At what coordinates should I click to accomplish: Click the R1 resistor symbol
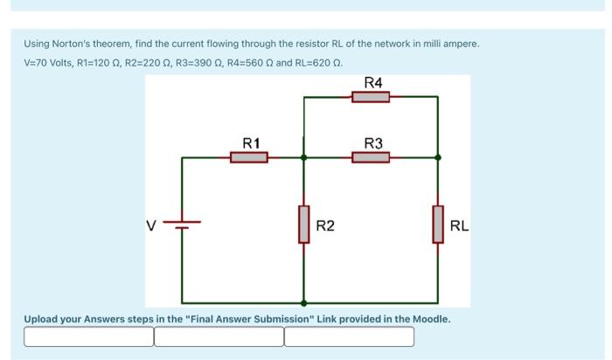pyautogui.click(x=249, y=157)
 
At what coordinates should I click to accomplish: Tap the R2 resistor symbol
pyautogui.click(x=303, y=225)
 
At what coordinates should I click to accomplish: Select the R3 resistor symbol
pyautogui.click(x=371, y=157)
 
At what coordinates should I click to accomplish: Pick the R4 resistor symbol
pyautogui.click(x=371, y=97)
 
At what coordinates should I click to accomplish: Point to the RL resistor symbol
pyautogui.click(x=437, y=225)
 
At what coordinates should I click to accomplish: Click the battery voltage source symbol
pyautogui.click(x=182, y=225)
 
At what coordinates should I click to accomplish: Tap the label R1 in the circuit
pyautogui.click(x=251, y=142)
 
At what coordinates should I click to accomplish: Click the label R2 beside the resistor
pyautogui.click(x=324, y=226)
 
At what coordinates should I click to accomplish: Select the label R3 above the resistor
pyautogui.click(x=372, y=142)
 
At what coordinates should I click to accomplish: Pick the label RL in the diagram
pyautogui.click(x=458, y=226)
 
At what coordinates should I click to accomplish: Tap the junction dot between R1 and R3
pyautogui.click(x=303, y=158)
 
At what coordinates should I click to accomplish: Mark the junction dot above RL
pyautogui.click(x=437, y=158)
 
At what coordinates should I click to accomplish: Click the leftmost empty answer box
pyautogui.click(x=88, y=336)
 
